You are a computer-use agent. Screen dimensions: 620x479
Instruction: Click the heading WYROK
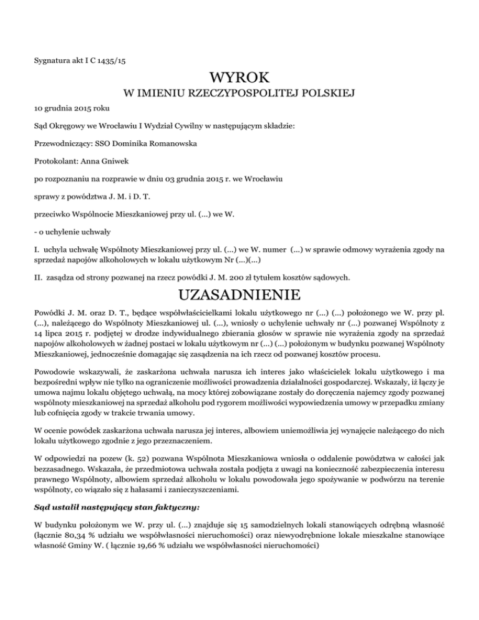coord(239,79)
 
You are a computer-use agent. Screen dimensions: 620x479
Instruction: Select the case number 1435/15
coord(117,61)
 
